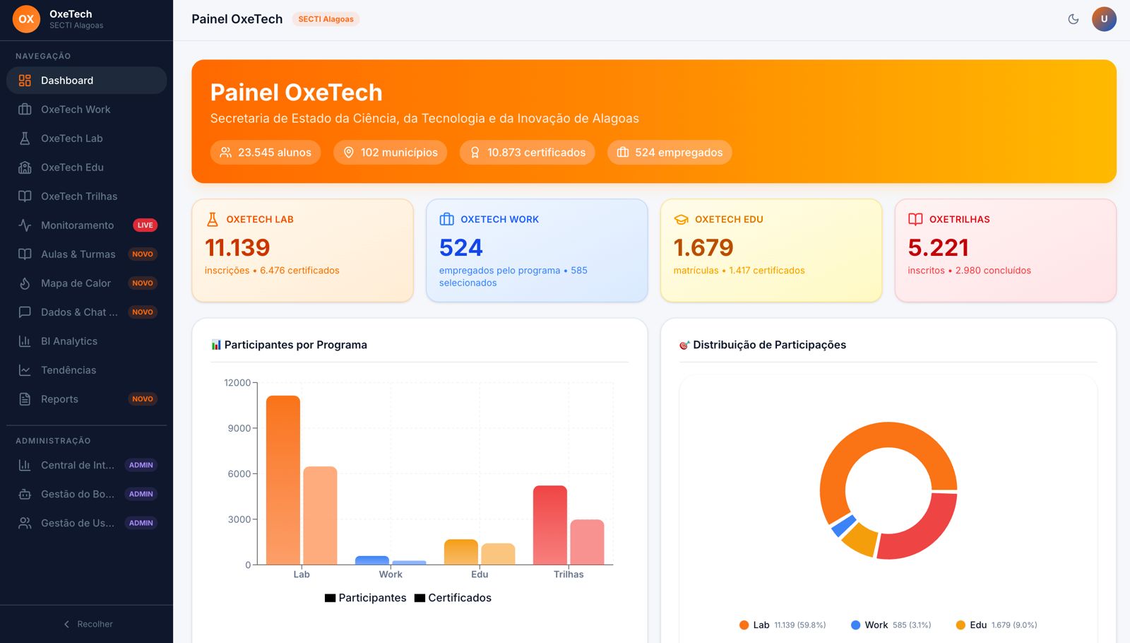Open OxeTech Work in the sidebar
click(x=76, y=110)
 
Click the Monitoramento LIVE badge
click(x=145, y=225)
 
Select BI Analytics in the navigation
click(x=69, y=341)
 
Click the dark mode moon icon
click(x=1073, y=19)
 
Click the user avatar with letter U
click(x=1104, y=19)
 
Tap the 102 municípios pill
click(x=391, y=153)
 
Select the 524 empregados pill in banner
click(x=670, y=153)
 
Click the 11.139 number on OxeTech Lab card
click(x=237, y=247)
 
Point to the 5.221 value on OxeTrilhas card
click(x=938, y=247)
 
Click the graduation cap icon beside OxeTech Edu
click(x=681, y=220)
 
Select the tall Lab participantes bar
click(x=283, y=480)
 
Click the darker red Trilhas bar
click(x=549, y=525)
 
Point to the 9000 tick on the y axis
click(x=239, y=428)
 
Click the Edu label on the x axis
click(x=480, y=574)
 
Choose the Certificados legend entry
click(x=453, y=598)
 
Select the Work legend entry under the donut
click(x=876, y=625)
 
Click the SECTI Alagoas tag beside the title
click(x=326, y=19)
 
